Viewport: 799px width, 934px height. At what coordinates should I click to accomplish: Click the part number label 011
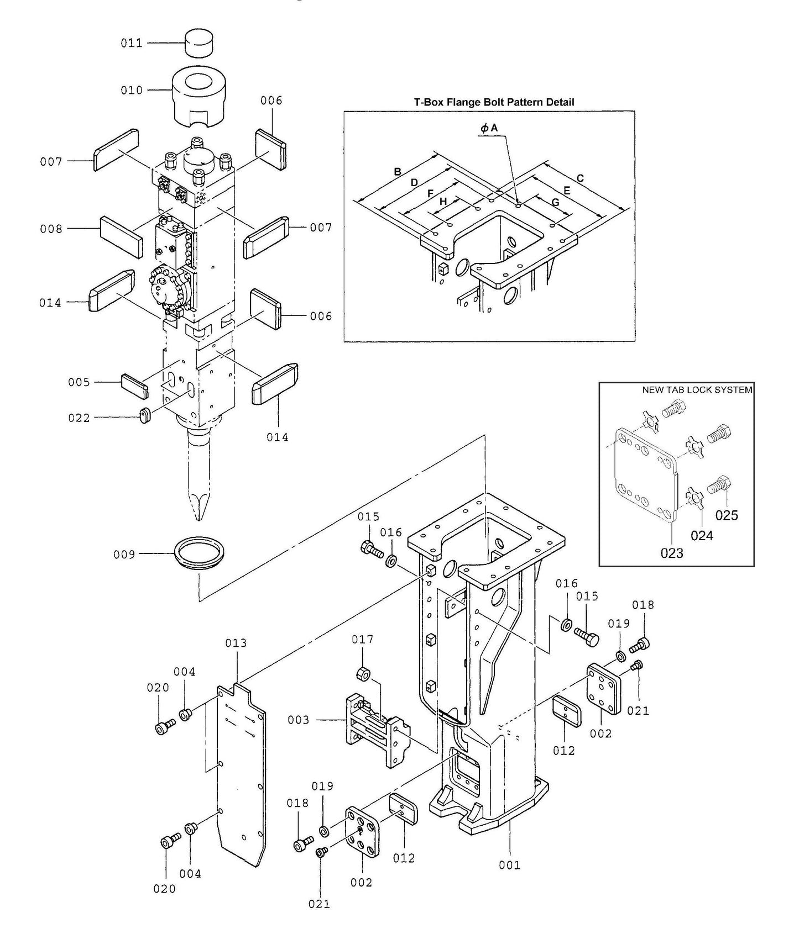tap(132, 43)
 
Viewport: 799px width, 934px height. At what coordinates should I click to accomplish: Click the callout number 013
tap(236, 643)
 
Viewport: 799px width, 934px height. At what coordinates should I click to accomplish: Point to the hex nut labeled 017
tap(363, 674)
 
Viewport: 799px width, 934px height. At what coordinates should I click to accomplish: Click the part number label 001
tap(510, 865)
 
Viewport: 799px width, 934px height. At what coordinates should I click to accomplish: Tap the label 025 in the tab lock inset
tap(727, 515)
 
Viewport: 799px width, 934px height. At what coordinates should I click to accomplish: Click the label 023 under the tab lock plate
tap(672, 553)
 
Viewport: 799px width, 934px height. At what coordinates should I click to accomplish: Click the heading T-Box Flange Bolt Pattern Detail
tap(494, 102)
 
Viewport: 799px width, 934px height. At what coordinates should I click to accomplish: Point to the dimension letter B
tap(397, 172)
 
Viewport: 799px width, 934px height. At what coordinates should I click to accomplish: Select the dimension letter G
tap(555, 202)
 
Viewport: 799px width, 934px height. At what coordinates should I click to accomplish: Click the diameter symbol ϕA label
tap(489, 128)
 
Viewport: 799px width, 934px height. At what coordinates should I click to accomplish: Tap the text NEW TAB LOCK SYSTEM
tap(697, 390)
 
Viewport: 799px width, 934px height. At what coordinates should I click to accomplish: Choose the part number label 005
tap(79, 382)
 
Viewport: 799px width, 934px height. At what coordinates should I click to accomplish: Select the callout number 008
tap(51, 229)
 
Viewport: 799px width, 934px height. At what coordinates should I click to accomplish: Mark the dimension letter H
tap(443, 202)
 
